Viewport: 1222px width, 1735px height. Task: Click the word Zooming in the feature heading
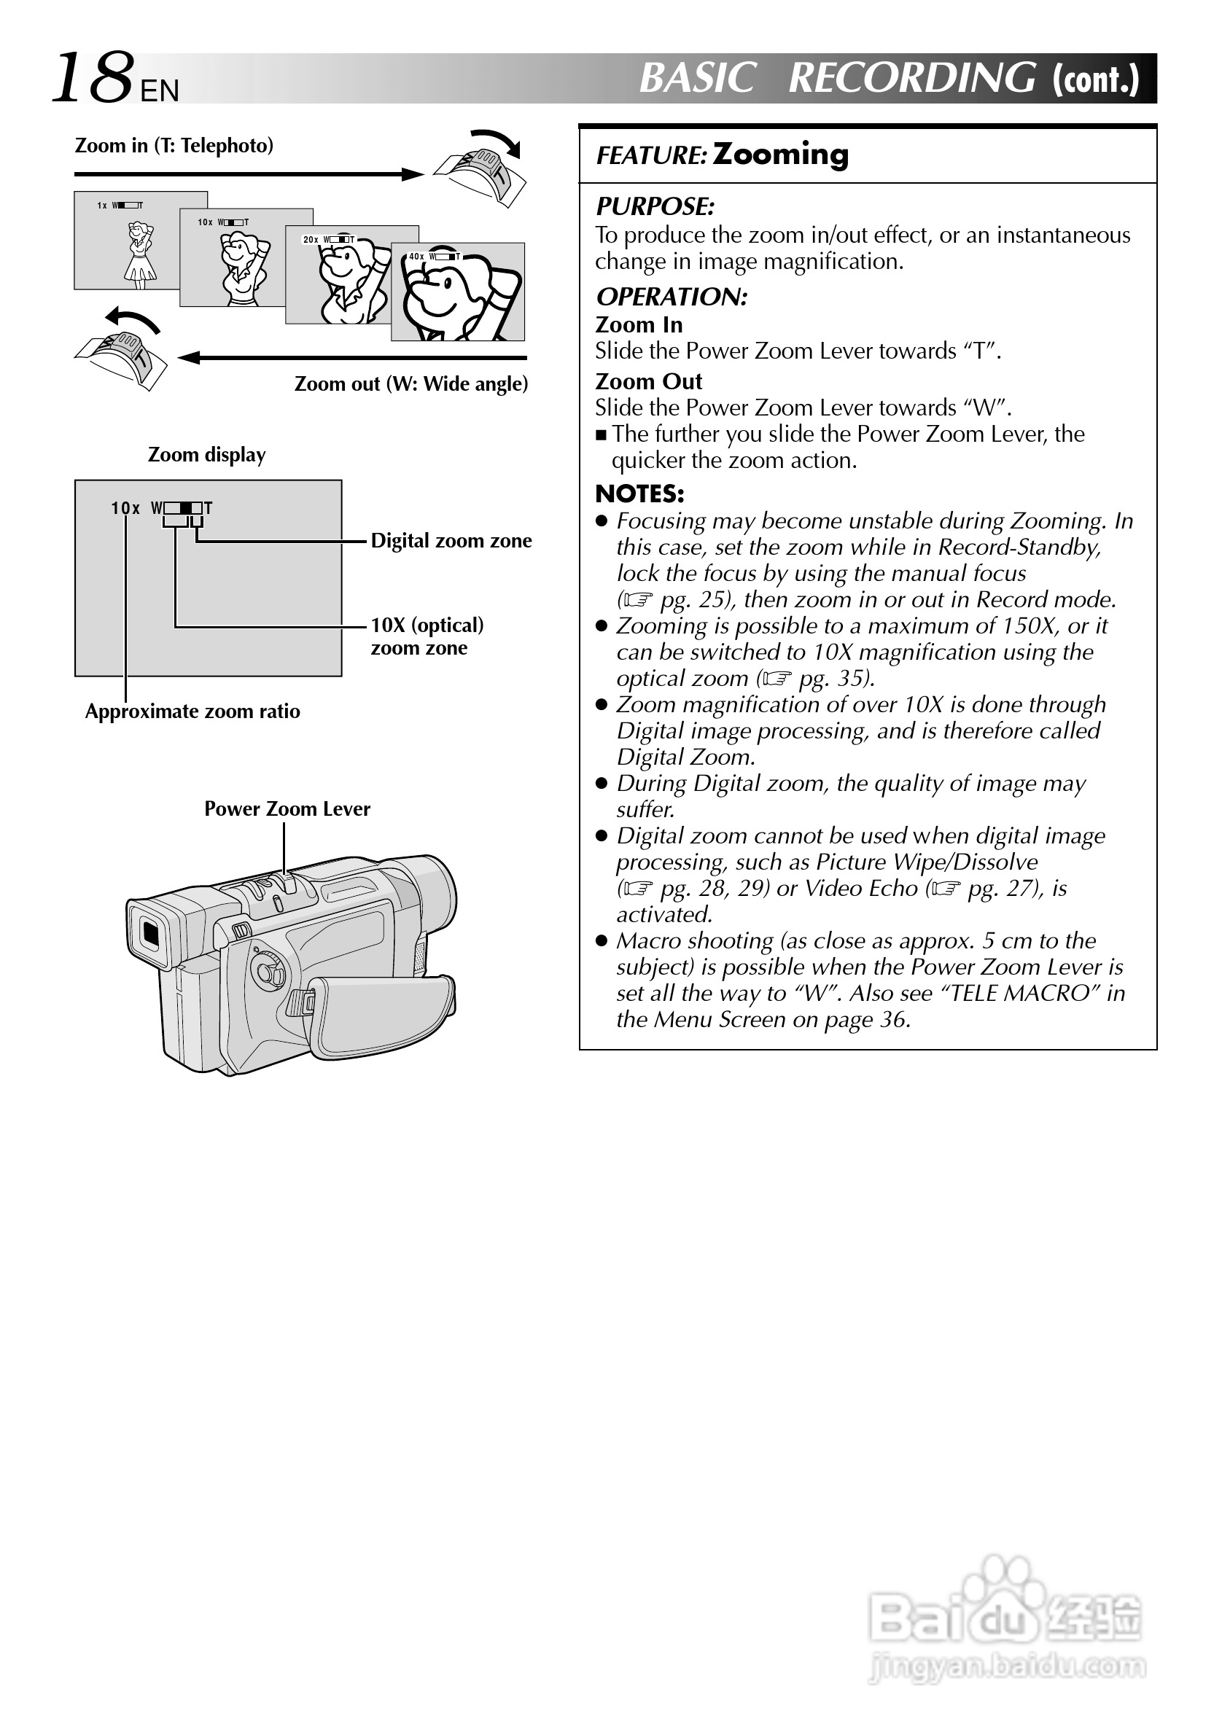780,154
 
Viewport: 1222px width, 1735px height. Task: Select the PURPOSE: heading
655,206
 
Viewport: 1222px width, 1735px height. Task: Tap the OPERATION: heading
671,297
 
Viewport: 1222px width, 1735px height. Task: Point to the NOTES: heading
639,494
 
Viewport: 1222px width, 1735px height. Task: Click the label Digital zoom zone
451,541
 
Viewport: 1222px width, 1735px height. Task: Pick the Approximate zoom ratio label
192,711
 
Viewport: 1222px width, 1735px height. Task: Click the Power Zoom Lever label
287,809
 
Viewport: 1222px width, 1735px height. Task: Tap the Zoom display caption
206,455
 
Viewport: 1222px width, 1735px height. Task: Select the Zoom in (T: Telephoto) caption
174,146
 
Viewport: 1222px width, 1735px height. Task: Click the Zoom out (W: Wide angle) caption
411,384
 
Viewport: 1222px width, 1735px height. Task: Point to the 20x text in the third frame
311,241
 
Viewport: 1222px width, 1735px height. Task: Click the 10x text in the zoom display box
125,509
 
